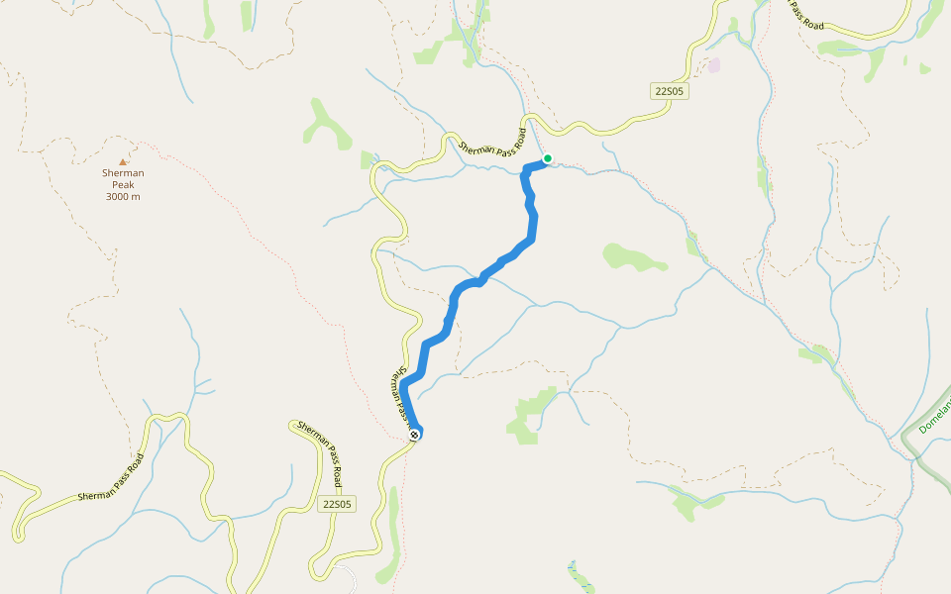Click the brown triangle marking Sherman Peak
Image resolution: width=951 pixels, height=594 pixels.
tap(123, 161)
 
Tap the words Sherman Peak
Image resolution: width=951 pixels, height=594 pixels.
tap(123, 179)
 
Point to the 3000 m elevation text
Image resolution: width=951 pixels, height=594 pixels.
tap(123, 196)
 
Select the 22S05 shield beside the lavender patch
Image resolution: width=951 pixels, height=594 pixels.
tap(670, 91)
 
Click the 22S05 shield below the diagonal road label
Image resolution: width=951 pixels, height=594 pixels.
tap(337, 504)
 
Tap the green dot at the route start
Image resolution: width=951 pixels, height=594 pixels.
tap(547, 157)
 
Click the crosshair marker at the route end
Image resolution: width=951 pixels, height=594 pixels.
tap(414, 435)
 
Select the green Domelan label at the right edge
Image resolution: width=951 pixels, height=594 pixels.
tap(934, 416)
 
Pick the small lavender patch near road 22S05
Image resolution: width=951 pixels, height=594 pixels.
tap(714, 65)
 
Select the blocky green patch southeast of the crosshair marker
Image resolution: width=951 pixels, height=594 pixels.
tap(531, 414)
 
